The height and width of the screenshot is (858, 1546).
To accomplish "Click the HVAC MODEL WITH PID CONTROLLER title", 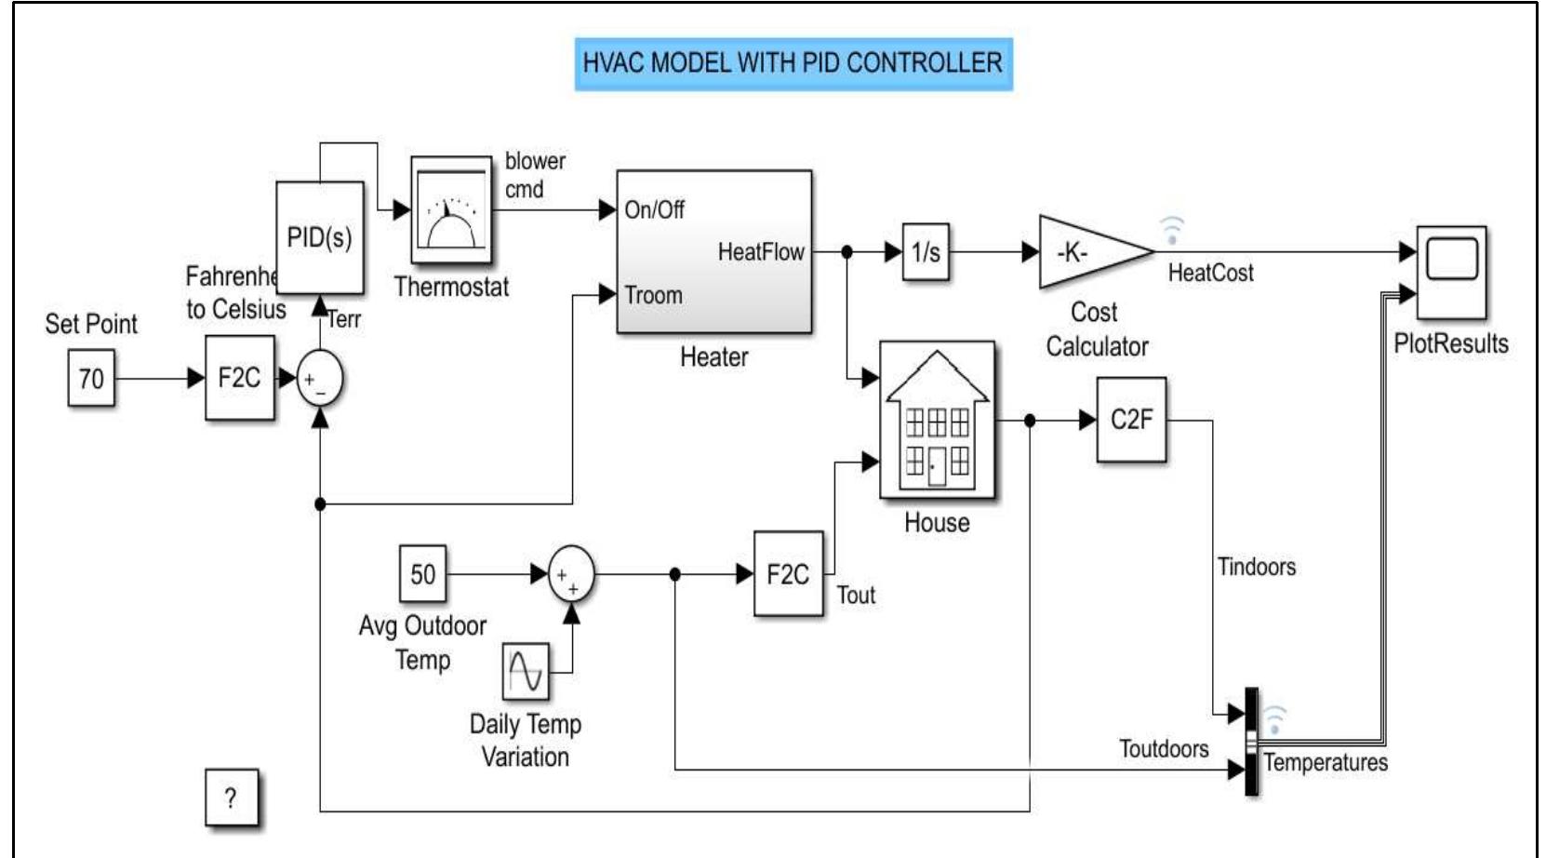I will [793, 63].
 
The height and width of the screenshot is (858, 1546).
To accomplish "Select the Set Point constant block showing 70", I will [91, 378].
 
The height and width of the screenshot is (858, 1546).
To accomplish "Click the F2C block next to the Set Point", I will [239, 378].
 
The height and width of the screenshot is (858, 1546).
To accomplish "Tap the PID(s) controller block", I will [319, 237].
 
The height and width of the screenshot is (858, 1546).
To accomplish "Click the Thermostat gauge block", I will [451, 210].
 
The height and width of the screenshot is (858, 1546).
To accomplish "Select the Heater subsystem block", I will [713, 251].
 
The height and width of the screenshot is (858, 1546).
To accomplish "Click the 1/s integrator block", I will [926, 251].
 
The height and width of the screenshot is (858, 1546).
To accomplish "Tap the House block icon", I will [937, 420].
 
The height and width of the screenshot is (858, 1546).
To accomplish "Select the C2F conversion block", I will [1131, 420].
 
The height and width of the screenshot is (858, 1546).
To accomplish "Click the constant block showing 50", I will [422, 574].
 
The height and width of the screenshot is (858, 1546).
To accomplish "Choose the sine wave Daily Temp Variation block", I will [526, 671].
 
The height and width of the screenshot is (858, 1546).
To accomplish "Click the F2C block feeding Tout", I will [788, 574].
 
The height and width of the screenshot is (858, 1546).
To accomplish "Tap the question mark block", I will [231, 798].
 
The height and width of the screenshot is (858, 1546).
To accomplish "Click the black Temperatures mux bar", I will [1252, 742].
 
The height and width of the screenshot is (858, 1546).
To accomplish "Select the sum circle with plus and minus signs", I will [320, 379].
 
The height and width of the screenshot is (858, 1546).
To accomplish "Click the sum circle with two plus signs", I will [570, 575].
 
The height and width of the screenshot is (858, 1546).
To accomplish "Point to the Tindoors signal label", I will [1256, 567].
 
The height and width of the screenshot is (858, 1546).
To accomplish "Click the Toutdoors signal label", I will [1163, 749].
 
